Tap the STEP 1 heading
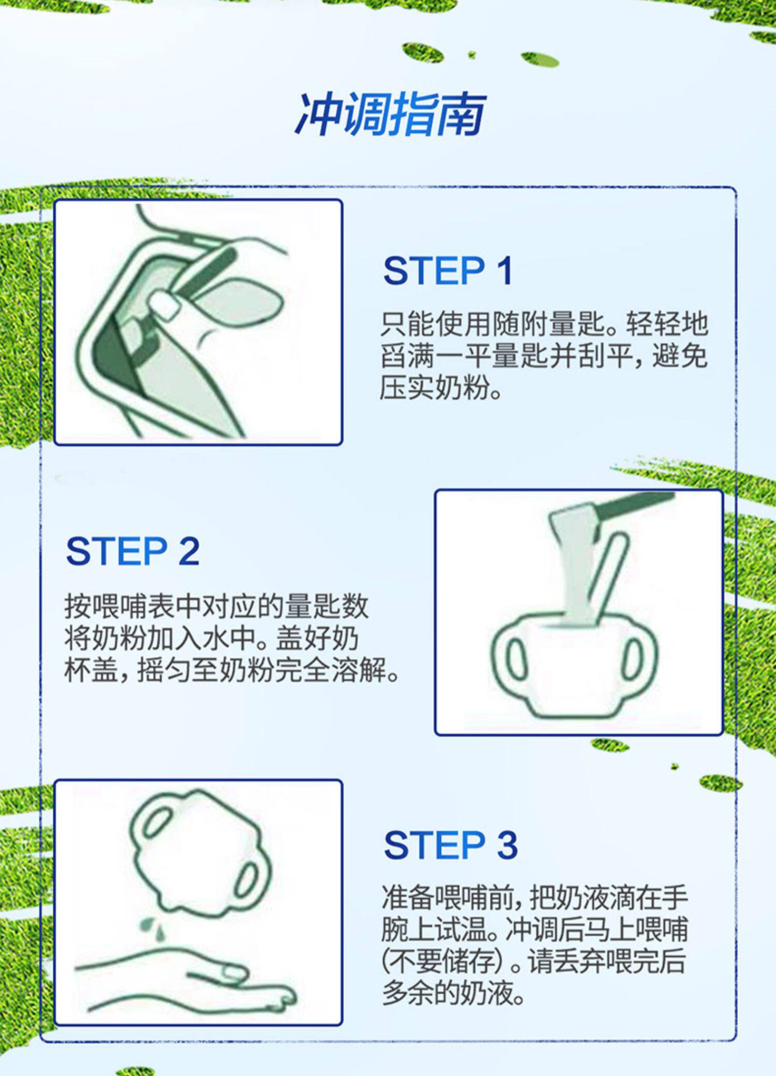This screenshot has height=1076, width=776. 448,270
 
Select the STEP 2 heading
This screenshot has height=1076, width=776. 133,551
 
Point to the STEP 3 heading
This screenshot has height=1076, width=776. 451,846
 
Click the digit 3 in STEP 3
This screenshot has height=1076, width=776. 507,846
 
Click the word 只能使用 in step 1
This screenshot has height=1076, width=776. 435,324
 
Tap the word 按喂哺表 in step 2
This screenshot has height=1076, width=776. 119,607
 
